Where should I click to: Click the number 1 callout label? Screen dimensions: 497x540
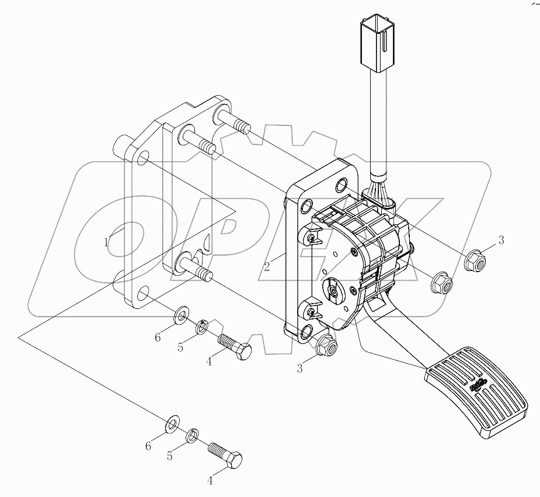106,242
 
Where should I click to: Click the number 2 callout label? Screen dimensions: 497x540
266,266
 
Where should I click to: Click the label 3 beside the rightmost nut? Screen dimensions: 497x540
500,240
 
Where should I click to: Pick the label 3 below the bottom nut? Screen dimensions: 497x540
299,368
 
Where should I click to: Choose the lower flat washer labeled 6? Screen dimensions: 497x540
172,422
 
